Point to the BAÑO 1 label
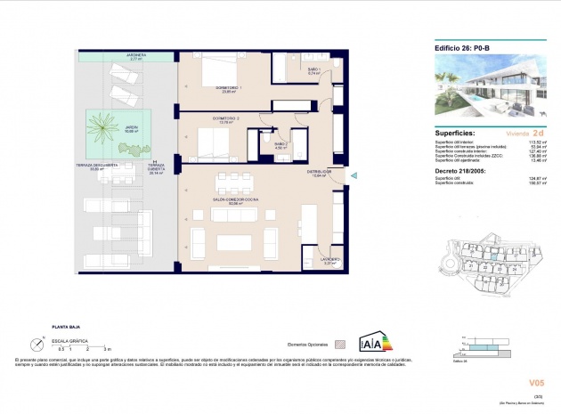[313, 70]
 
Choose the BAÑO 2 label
[281, 144]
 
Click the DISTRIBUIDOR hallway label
[320, 172]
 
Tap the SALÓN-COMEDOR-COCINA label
[235, 201]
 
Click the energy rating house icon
[373, 344]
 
